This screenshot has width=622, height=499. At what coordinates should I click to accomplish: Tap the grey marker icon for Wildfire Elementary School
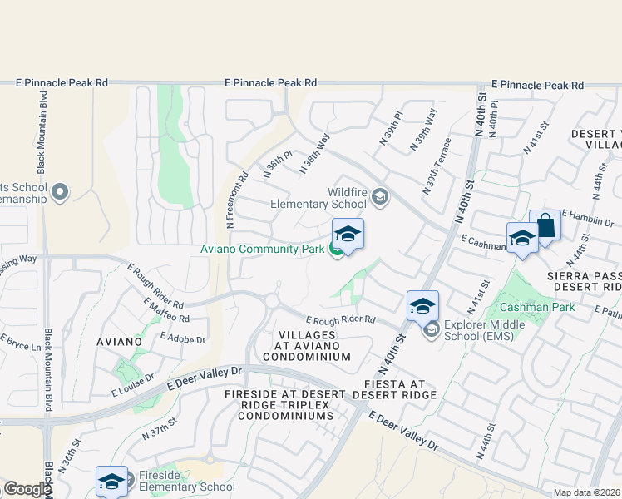point(380,196)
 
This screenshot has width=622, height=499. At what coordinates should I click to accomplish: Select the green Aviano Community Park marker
point(336,249)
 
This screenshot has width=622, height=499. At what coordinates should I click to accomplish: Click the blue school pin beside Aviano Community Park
point(348,234)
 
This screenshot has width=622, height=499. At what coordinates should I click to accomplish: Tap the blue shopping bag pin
point(545,225)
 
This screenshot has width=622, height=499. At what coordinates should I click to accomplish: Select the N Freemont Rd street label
point(237,200)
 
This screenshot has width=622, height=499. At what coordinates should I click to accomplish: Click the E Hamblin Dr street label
point(588,217)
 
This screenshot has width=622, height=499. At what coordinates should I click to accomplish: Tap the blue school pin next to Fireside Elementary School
point(111,481)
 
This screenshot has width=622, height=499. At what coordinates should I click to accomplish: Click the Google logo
point(27,489)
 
